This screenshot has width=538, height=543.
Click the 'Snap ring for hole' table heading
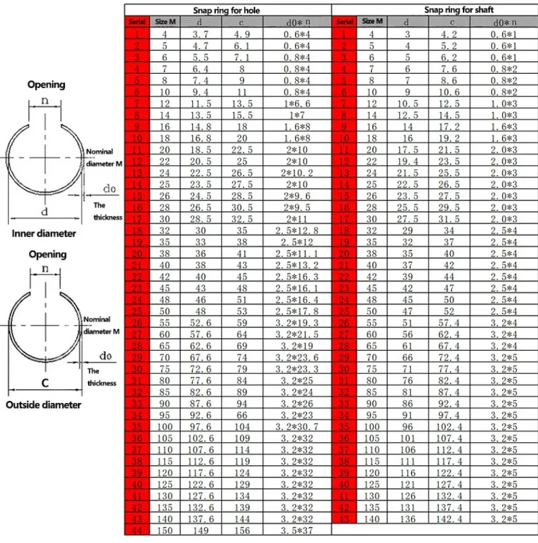click(227, 10)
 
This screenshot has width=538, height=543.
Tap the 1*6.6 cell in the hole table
click(297, 103)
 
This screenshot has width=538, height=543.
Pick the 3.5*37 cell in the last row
click(297, 531)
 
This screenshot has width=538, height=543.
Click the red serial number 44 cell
click(137, 531)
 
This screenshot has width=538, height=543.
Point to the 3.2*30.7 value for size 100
click(297, 427)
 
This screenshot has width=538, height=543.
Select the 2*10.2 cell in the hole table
click(297, 173)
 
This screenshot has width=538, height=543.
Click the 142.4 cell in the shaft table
click(452, 519)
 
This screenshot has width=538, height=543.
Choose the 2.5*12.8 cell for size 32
click(297, 230)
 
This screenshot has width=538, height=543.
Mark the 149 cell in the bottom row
click(201, 531)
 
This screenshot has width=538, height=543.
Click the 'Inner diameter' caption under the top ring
click(44, 233)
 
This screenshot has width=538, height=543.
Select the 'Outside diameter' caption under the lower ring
click(44, 405)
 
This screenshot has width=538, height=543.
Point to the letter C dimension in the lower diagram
click(44, 383)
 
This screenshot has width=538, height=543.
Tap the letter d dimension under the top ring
click(44, 212)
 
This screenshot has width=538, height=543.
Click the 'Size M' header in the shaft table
click(372, 21)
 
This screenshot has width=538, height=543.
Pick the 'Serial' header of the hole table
click(137, 22)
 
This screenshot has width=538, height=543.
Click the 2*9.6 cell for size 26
click(297, 196)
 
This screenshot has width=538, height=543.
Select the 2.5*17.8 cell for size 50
click(297, 311)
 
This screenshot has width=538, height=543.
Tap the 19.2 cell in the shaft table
click(452, 138)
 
